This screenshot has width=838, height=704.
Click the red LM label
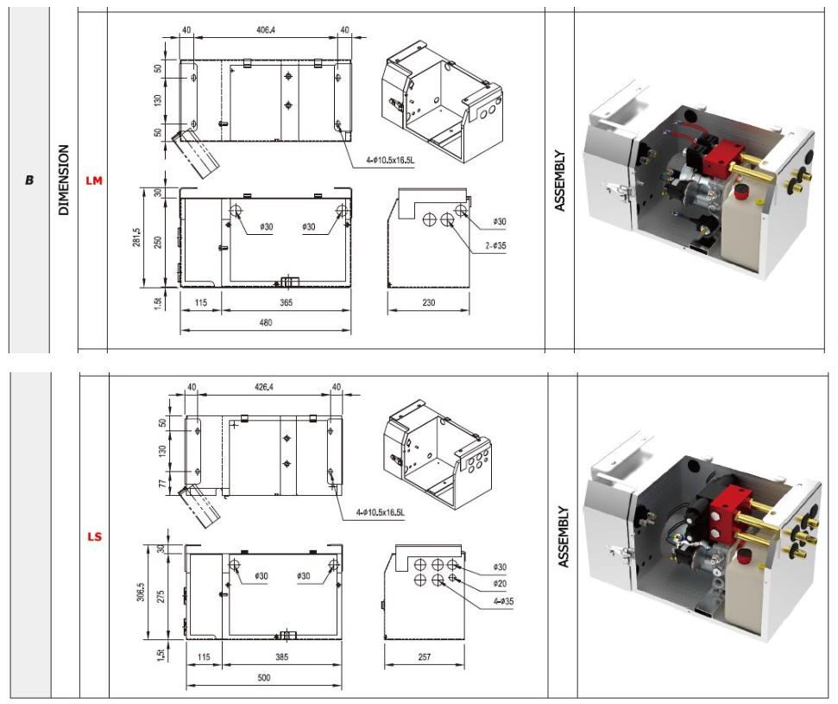click(94, 181)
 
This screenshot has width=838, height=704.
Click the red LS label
click(94, 536)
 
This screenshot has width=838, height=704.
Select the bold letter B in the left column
click(29, 181)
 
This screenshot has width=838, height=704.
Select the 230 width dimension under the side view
click(429, 302)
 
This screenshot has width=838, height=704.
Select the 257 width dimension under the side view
click(423, 657)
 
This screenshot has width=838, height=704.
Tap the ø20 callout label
click(500, 584)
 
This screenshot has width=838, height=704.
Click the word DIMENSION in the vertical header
click(64, 180)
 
